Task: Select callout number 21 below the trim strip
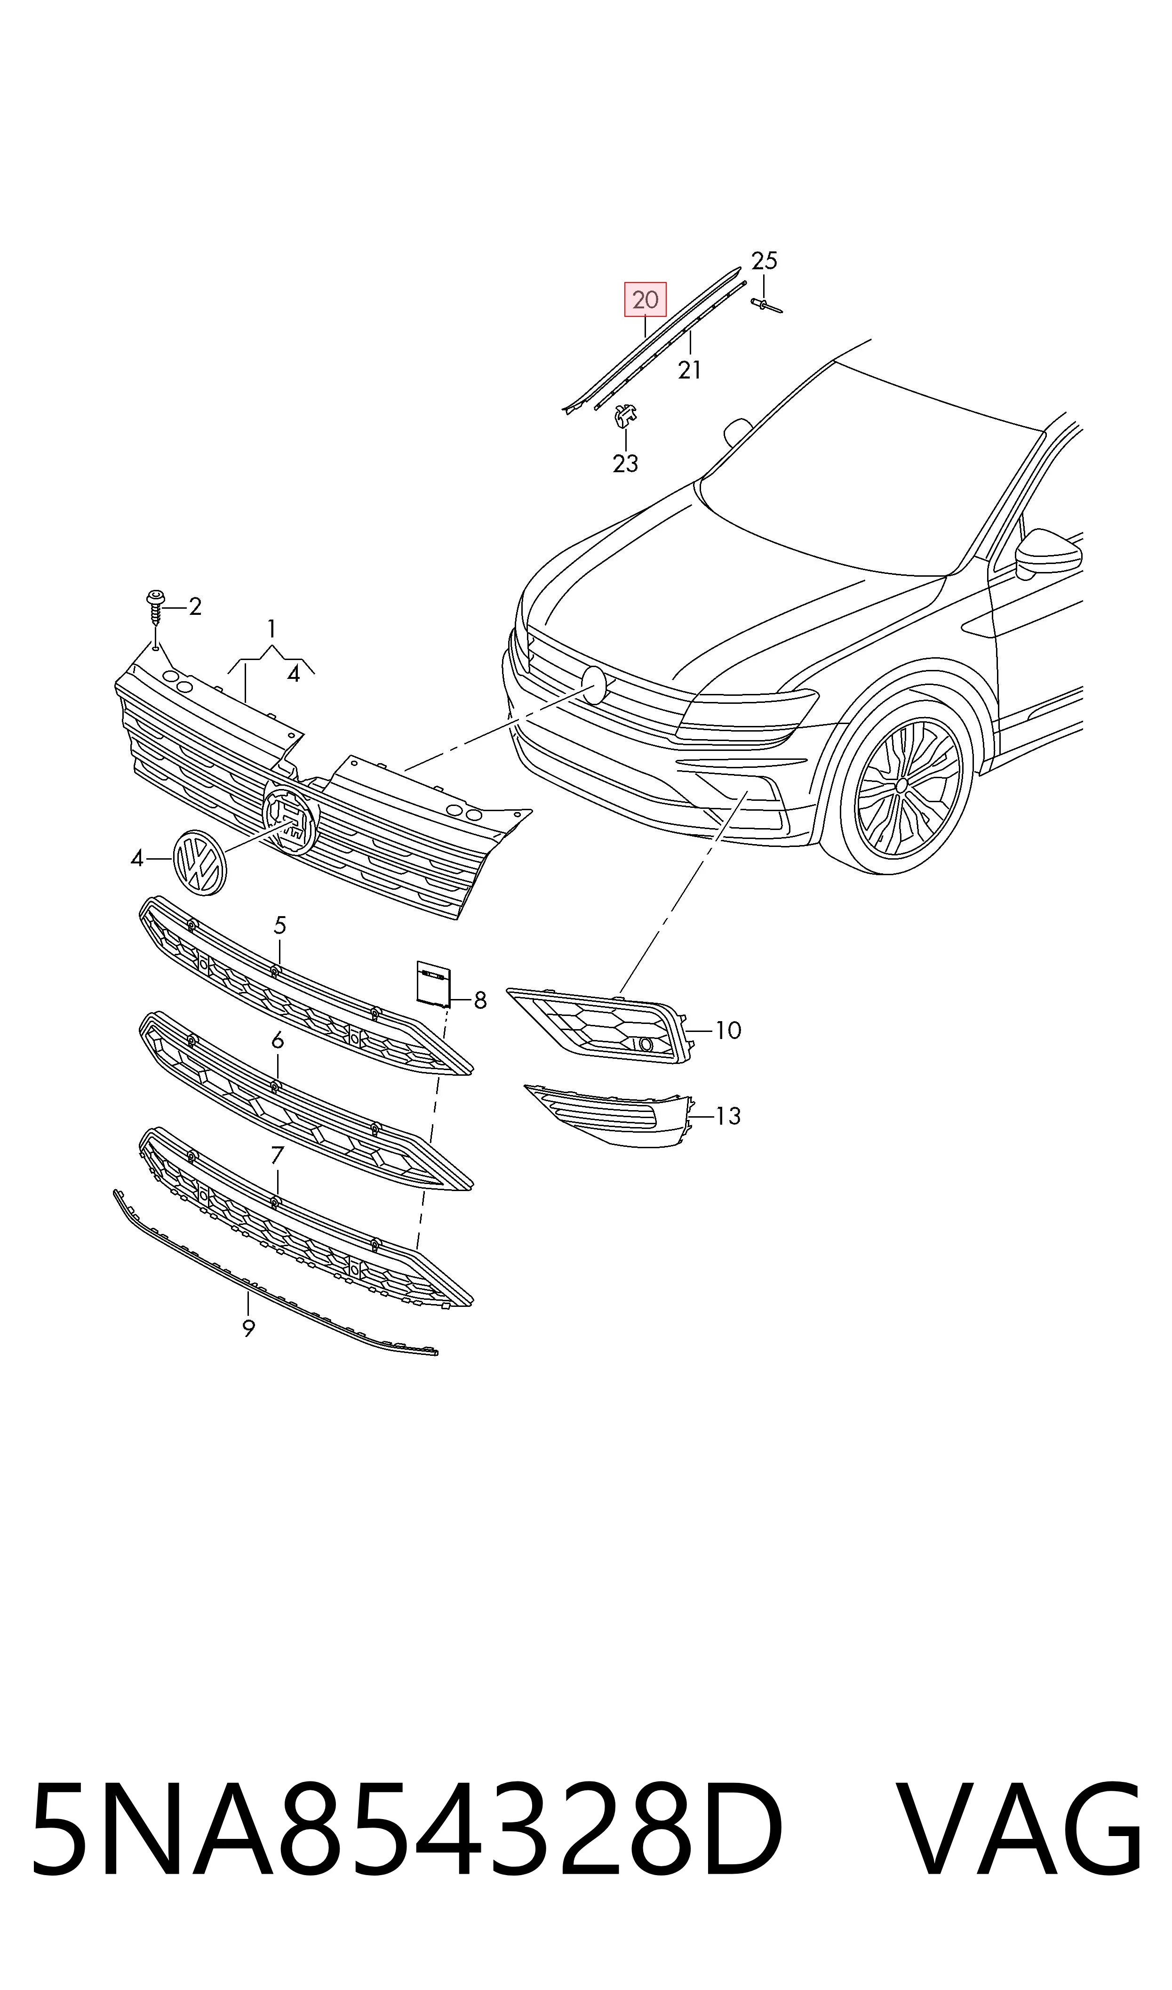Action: click(x=689, y=369)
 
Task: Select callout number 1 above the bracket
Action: click(x=271, y=629)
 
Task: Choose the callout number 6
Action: click(x=277, y=1041)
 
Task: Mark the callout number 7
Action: click(x=277, y=1156)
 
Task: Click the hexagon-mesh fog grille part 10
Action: click(x=600, y=1024)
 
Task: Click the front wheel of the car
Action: click(x=902, y=786)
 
